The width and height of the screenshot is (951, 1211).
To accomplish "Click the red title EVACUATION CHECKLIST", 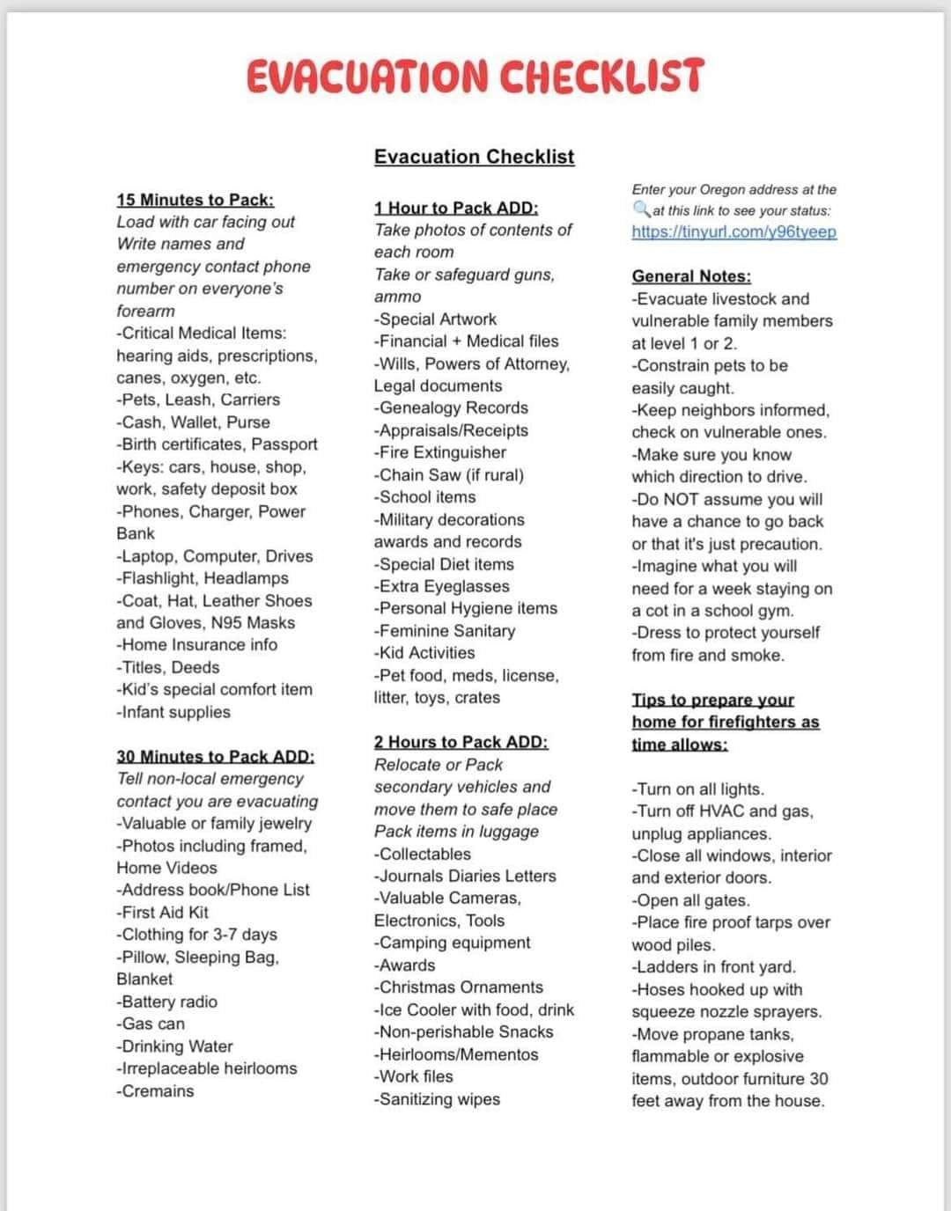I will point(475,76).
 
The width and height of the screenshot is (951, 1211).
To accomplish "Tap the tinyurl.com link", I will point(734,232).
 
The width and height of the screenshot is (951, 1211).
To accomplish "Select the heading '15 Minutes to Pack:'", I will point(195,200).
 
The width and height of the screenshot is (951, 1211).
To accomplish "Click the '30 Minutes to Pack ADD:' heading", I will point(215,756).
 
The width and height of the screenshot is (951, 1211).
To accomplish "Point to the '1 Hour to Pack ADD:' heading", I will point(455,208).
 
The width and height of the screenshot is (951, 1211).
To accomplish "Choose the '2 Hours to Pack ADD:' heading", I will point(461,742).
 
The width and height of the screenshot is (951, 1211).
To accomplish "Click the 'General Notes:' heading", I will point(691,276).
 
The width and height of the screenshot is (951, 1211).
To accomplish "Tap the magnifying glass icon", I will point(641,209).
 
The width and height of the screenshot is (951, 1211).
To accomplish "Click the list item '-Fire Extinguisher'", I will point(440,452).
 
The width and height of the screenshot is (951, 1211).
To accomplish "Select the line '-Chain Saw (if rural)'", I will point(448,475).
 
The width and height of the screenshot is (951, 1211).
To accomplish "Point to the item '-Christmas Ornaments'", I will point(459,987).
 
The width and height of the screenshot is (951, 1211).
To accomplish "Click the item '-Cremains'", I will point(155,1091).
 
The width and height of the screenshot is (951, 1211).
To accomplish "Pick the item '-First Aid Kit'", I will point(163,913).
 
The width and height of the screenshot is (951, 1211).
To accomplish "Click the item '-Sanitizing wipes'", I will point(437,1099).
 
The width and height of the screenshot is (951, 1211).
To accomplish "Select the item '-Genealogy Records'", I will point(451,408).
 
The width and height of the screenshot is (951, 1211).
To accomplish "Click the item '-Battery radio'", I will point(166,1002).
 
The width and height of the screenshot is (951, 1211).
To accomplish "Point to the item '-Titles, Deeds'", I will point(168,667).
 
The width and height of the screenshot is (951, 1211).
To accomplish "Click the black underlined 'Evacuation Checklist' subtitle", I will point(474,157).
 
